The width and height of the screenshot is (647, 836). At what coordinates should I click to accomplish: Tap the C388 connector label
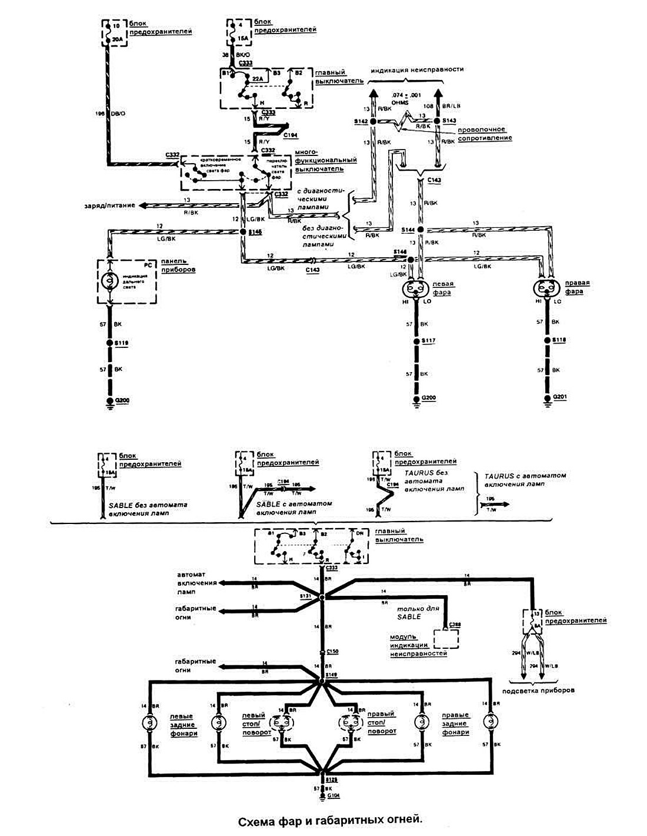(455, 624)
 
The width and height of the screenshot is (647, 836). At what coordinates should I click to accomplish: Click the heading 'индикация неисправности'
(417, 69)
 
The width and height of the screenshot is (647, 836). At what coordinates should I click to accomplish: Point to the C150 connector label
(332, 652)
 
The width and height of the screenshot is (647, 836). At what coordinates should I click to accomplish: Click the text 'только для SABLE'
(408, 612)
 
